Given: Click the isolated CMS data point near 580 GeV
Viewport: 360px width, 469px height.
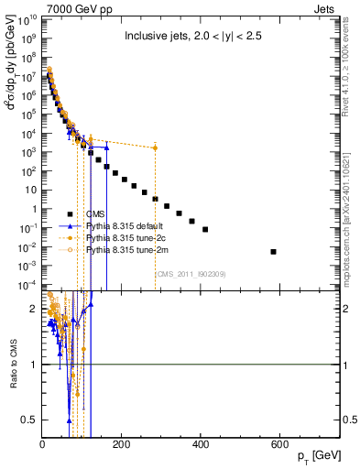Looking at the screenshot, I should pyautogui.click(x=273, y=251).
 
